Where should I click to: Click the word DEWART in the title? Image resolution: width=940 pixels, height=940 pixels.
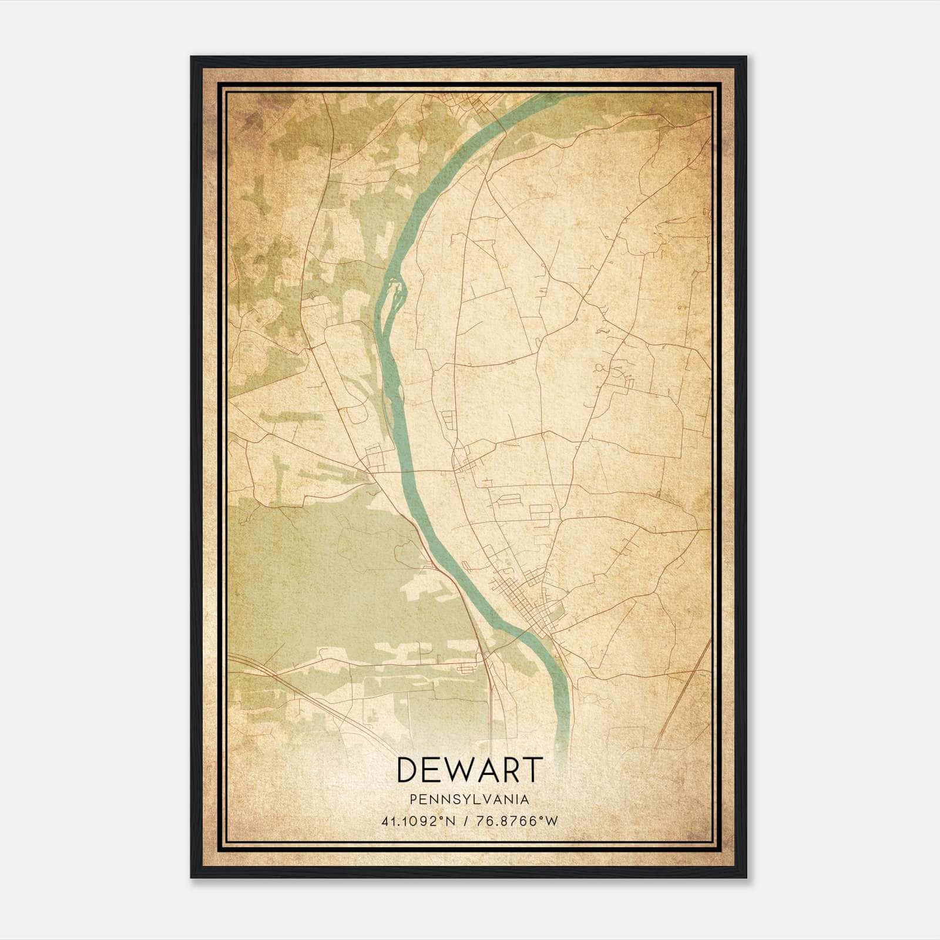coord(469,770)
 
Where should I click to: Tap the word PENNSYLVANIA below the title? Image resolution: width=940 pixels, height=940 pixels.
coord(469,800)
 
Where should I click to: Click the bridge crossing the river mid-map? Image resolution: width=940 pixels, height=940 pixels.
coord(409,471)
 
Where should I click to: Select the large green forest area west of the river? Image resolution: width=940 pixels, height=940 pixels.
coord(329,576)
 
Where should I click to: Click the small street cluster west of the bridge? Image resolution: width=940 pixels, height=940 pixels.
coord(373,455)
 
